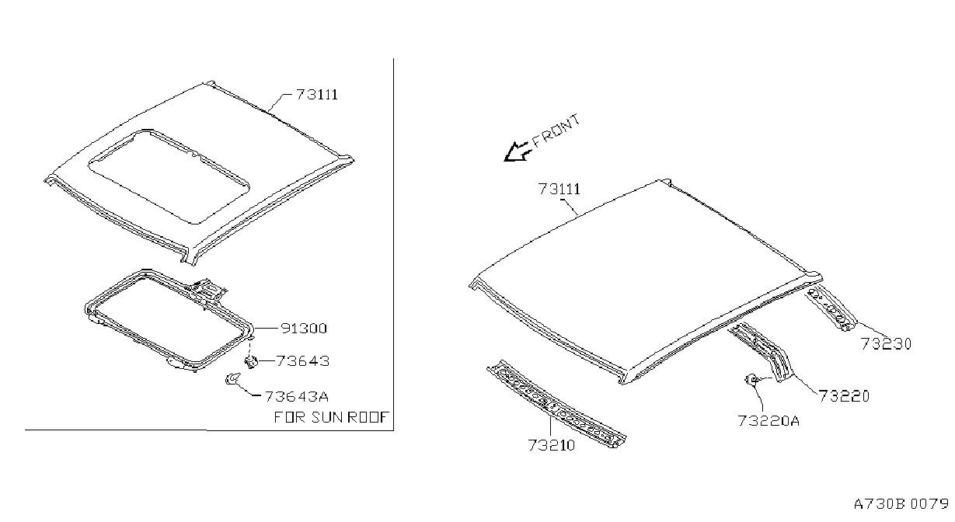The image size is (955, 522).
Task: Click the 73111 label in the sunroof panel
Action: coord(317,95)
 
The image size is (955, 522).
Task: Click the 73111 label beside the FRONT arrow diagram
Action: coord(559,189)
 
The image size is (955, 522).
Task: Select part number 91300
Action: coord(304,328)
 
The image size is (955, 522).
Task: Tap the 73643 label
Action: coord(303,361)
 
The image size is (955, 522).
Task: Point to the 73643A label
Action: coord(297,396)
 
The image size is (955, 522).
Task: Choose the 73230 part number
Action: coord(886,343)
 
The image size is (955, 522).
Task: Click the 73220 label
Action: coord(844,396)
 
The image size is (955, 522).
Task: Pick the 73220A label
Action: coord(769,420)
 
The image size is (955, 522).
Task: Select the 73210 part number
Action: coord(552,445)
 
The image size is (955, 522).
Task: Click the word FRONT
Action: coord(556,130)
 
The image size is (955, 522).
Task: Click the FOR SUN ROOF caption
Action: coord(331,417)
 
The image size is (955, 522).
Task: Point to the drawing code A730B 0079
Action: coord(901,503)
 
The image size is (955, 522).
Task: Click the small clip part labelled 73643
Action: coord(251,362)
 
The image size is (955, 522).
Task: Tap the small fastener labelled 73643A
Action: coord(233,378)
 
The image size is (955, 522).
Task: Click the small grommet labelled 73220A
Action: coord(751,379)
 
